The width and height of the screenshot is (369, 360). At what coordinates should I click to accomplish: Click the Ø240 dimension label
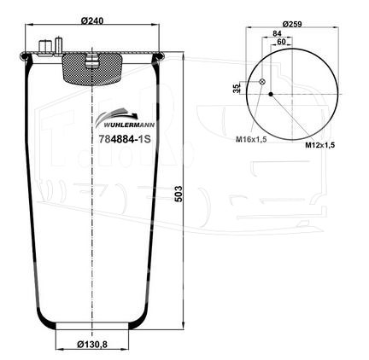[x=91, y=20]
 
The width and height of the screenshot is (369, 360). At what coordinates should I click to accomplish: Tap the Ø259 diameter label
[x=292, y=24]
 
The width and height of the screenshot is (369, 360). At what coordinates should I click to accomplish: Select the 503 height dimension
[x=179, y=194]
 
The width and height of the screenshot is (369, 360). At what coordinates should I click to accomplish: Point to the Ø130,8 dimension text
[x=92, y=345]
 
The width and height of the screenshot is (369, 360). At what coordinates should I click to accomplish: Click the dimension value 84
[x=277, y=33]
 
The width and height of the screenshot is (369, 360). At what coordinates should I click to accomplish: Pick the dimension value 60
[x=281, y=42]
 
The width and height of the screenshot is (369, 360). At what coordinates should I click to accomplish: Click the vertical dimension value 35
[x=236, y=89]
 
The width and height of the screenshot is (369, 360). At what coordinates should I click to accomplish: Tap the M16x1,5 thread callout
[x=251, y=139]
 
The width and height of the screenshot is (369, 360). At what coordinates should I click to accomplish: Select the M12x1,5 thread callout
[x=320, y=145]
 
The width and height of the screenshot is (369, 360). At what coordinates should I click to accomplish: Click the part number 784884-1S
[x=125, y=139]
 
